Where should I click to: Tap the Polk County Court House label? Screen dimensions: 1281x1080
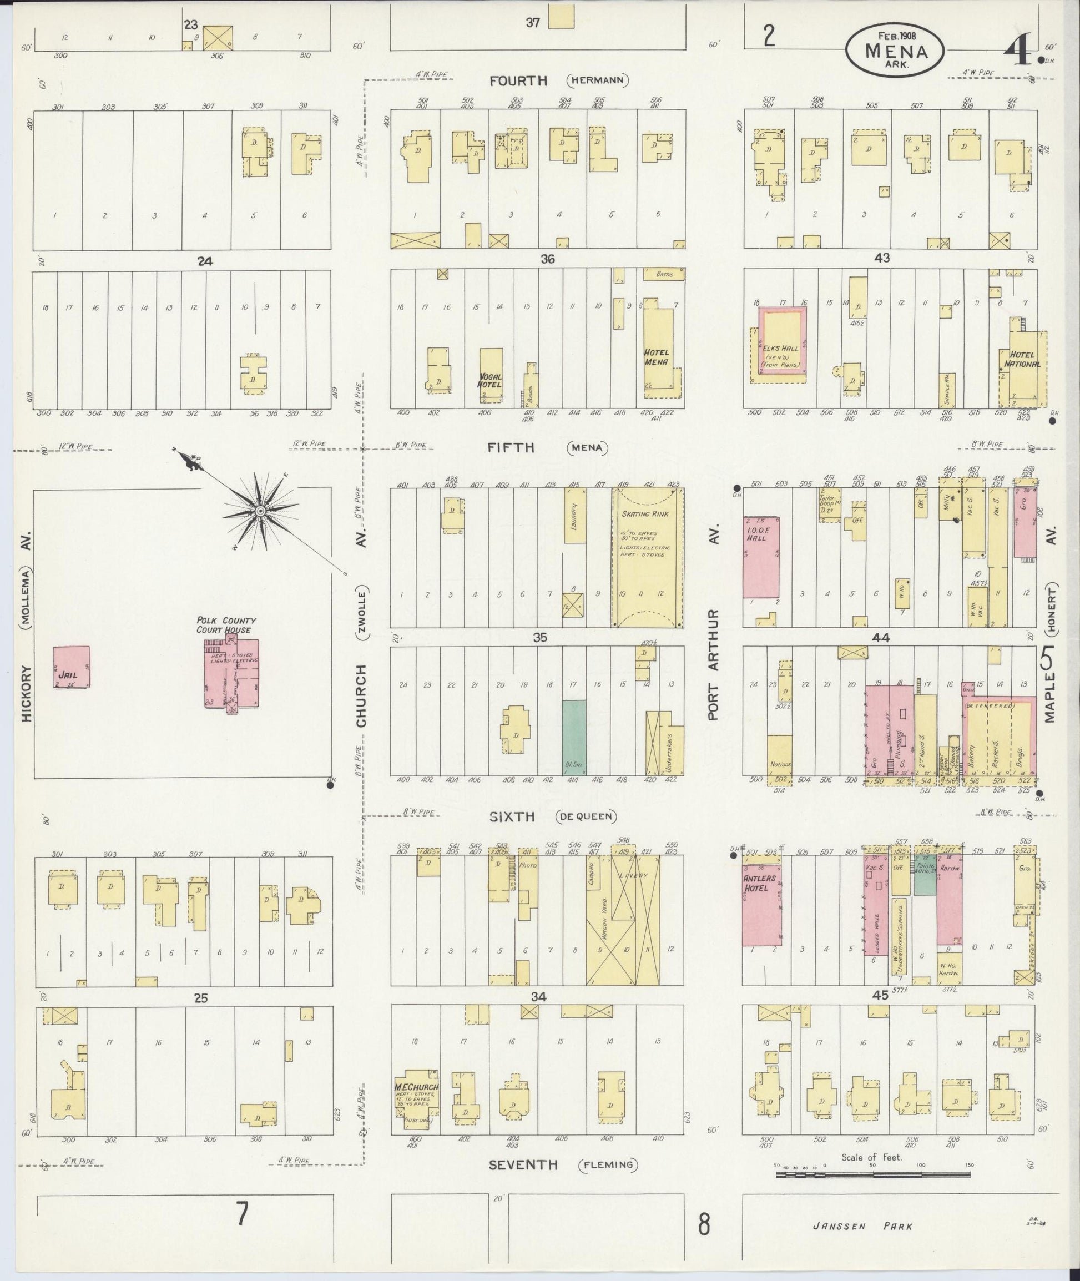pyautogui.click(x=226, y=624)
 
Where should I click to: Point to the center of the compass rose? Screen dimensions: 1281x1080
pyautogui.click(x=260, y=510)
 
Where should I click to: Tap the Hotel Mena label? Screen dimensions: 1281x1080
pyautogui.click(x=657, y=357)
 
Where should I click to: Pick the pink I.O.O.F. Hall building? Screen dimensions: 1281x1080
pyautogui.click(x=761, y=557)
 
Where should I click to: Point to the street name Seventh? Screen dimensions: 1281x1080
pyautogui.click(x=523, y=1164)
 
